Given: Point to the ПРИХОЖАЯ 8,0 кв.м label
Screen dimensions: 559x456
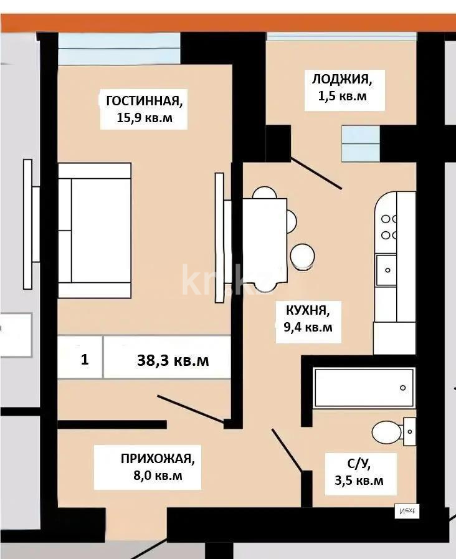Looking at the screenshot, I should click(x=157, y=467).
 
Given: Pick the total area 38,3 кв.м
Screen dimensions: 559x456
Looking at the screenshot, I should click(x=173, y=360).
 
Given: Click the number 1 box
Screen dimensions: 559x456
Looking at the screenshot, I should click(x=83, y=360).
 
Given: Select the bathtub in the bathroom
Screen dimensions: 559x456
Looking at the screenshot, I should click(x=363, y=387).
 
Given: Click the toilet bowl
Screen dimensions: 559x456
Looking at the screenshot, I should click(x=387, y=431).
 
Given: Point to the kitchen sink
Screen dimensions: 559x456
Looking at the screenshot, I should click(x=387, y=270).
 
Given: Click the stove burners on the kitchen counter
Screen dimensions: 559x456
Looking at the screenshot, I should click(x=390, y=227).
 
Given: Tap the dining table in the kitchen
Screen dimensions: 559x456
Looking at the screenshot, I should click(x=265, y=240).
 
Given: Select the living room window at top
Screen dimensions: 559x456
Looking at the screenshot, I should click(x=119, y=48).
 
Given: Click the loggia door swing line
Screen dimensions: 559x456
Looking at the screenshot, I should click(x=316, y=173).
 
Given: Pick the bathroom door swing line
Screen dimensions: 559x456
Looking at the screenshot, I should click(x=287, y=449).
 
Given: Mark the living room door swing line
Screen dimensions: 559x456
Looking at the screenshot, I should click(x=190, y=409).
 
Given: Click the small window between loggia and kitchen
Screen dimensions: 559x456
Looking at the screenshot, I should click(x=361, y=143).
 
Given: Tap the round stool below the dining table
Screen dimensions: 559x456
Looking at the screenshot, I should click(x=303, y=255).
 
